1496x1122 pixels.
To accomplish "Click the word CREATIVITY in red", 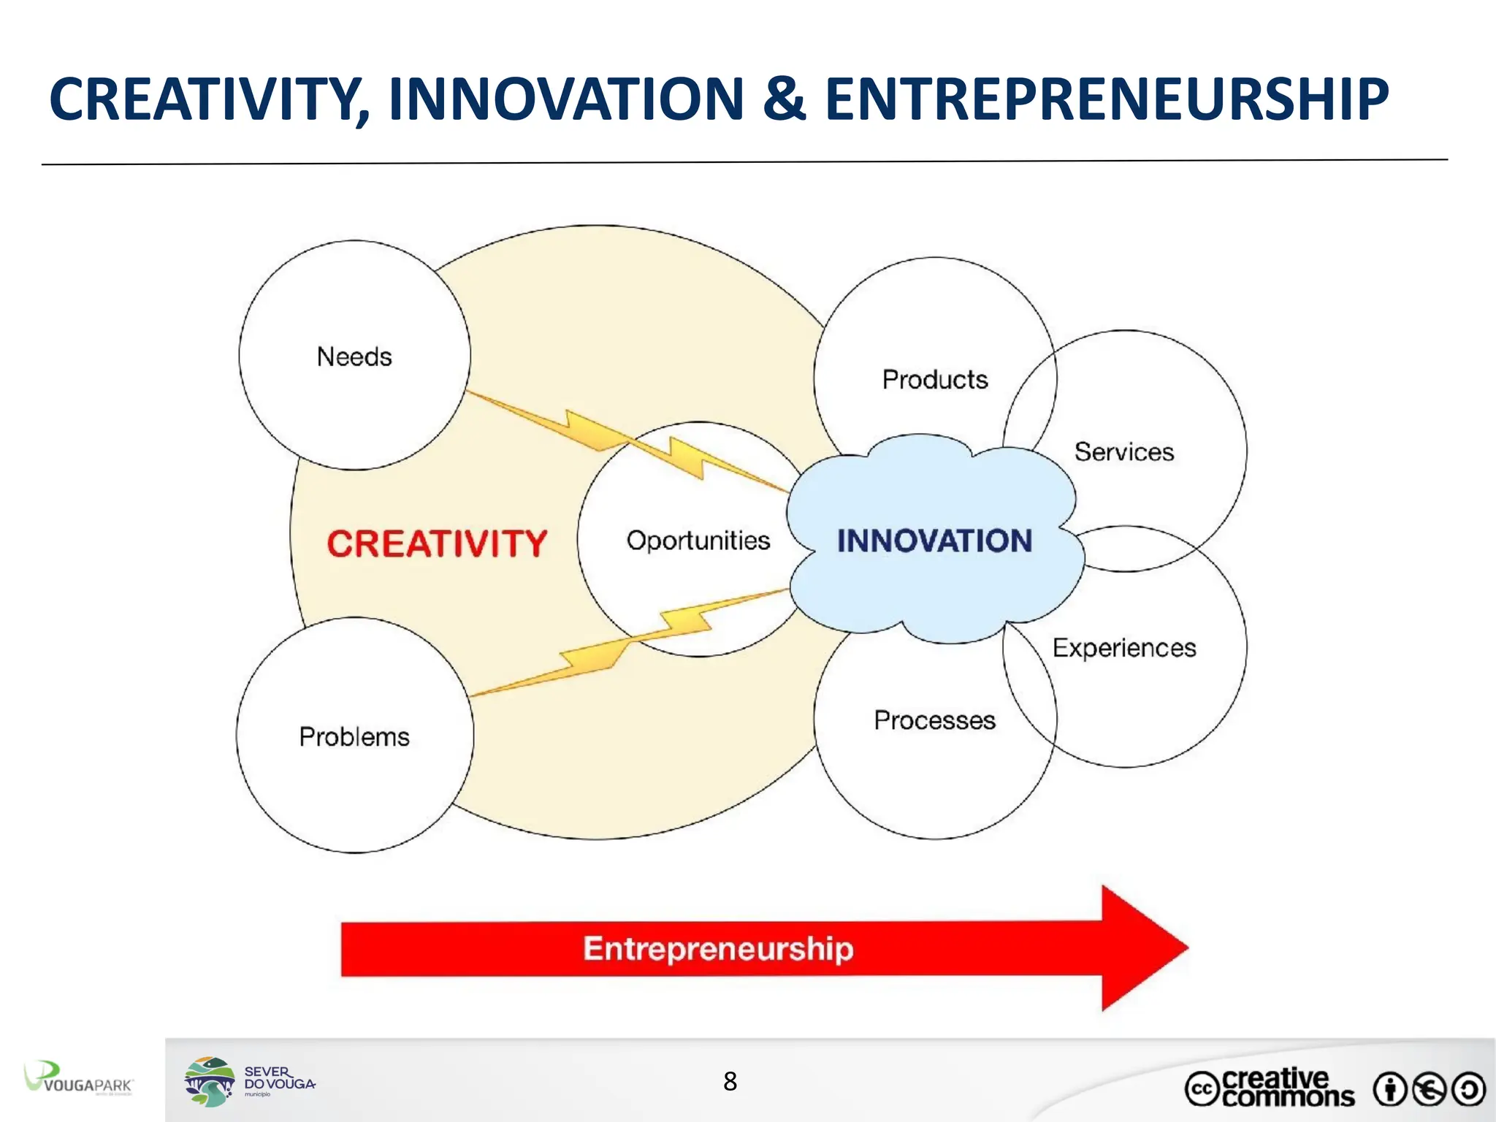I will pos(436,544).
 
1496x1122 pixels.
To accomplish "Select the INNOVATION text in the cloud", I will pos(934,541).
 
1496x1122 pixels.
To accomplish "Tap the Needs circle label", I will pos(354,357).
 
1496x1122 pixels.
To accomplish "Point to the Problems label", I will pos(354,737).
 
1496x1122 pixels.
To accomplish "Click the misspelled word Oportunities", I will pos(698,541).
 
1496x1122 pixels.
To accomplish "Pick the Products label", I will pos(934,380).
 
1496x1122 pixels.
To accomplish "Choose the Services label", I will pos(1123,452).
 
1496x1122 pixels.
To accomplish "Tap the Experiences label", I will pos(1123,648).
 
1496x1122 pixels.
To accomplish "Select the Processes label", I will pos(934,720).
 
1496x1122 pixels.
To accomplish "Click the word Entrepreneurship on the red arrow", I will pos(718,949).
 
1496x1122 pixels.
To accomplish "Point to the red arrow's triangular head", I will pos(1140,948).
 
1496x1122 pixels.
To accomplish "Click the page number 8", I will pos(730,1082).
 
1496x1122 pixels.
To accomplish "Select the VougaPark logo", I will pos(78,1079).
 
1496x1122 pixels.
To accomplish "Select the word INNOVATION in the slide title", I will pos(566,100).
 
